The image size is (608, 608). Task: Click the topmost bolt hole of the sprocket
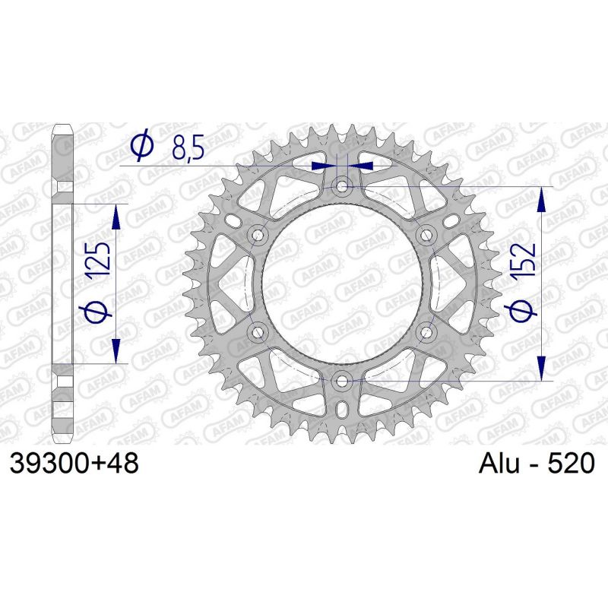[x=343, y=185]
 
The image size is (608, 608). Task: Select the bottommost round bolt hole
[x=343, y=379]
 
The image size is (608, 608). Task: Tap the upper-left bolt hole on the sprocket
[x=258, y=234]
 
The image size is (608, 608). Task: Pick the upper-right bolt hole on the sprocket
[x=426, y=234]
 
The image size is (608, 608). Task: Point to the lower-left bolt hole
[x=258, y=331]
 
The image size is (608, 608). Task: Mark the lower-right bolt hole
[x=426, y=331]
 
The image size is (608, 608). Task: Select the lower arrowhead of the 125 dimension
[x=116, y=351]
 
